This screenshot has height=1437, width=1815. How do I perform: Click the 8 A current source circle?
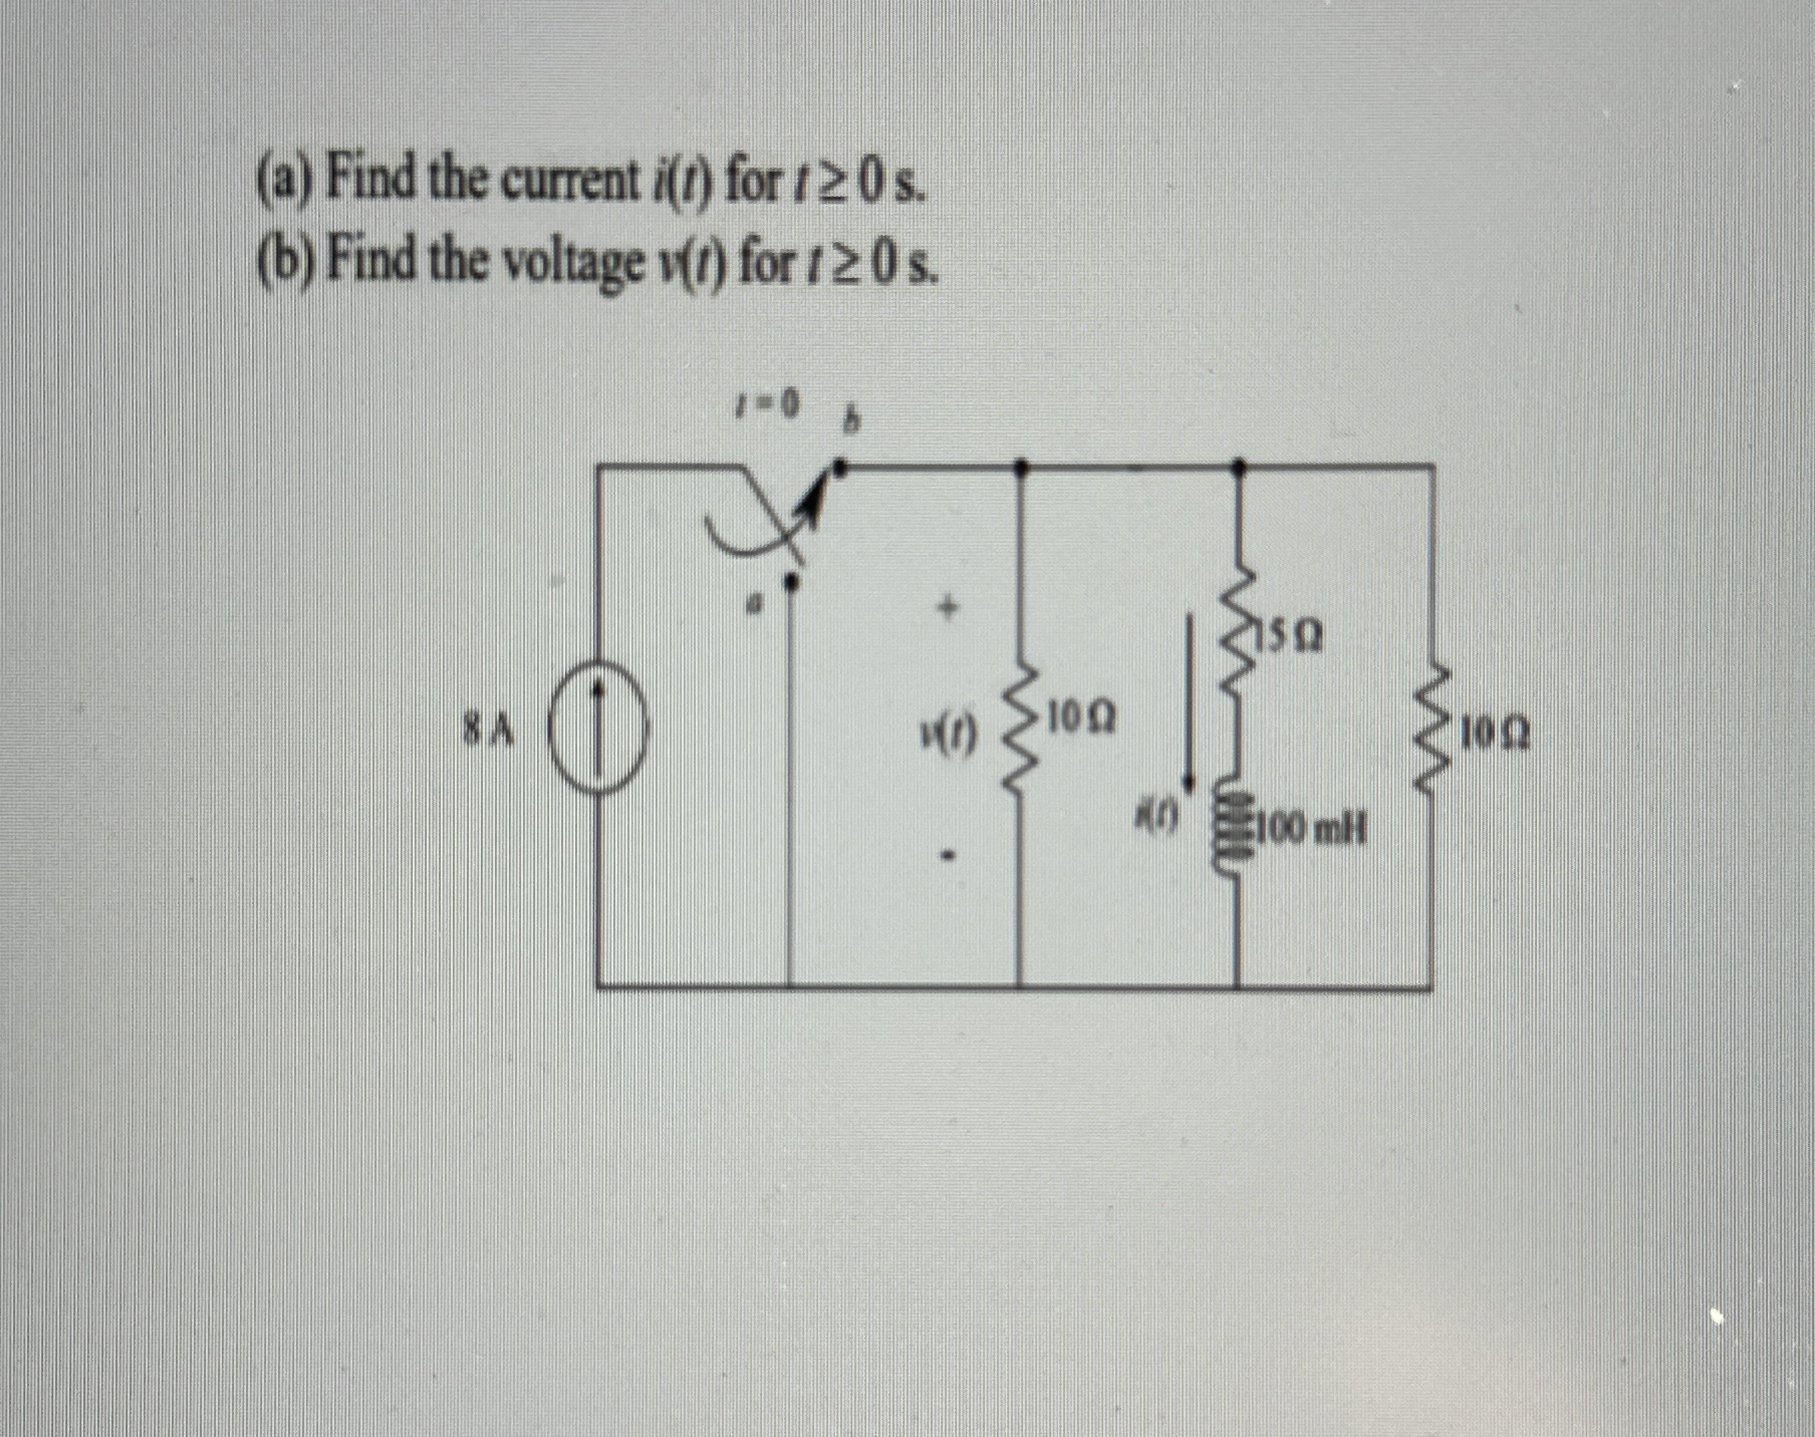tap(598, 737)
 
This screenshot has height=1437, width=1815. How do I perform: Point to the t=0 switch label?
tap(764, 410)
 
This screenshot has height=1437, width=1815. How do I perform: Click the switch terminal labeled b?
tap(845, 466)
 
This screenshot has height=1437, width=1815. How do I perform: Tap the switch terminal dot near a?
tap(792, 581)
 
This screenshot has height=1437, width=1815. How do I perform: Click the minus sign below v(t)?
tap(950, 856)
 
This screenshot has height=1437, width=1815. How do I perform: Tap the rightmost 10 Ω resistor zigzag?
tap(1432, 734)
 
